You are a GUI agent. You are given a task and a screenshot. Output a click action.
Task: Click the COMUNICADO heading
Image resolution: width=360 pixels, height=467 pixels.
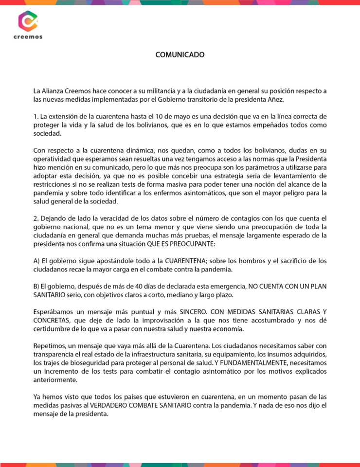click(x=180, y=54)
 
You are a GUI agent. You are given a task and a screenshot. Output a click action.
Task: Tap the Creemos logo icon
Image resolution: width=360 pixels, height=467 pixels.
click(x=28, y=21)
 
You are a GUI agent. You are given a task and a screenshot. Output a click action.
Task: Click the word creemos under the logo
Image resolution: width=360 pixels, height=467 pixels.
click(x=28, y=37)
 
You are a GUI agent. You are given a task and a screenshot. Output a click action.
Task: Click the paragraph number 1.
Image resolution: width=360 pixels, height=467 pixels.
click(x=36, y=117)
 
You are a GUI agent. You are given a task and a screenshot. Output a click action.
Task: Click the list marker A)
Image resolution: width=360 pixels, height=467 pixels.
click(x=36, y=261)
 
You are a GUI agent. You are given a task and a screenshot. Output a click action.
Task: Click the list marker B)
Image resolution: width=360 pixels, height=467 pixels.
click(x=36, y=287)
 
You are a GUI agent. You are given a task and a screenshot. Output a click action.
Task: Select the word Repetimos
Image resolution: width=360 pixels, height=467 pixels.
click(x=49, y=346)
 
